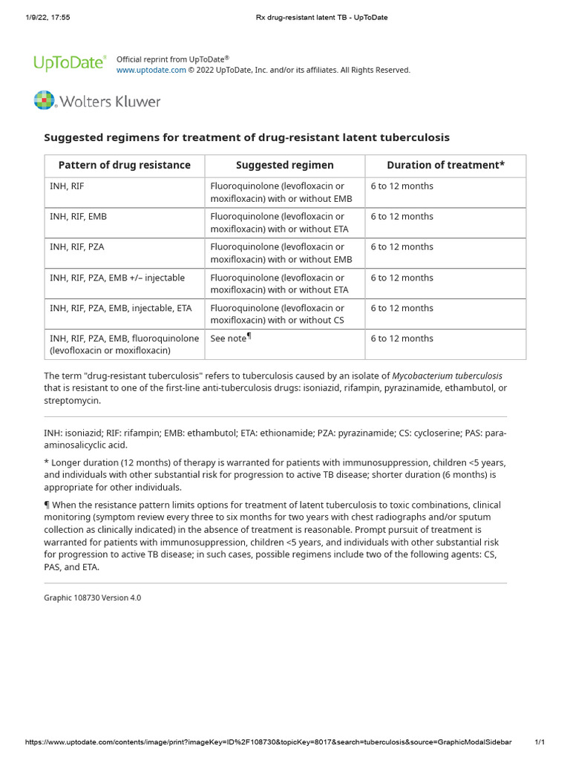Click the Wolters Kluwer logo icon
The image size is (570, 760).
pos(45,101)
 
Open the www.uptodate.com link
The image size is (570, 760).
pos(151,70)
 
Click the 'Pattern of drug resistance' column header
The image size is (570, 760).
pos(125,166)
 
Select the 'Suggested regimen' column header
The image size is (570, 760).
pos(284,166)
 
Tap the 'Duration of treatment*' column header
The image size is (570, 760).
pos(445,166)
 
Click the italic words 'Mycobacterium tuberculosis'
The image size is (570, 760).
pos(447,376)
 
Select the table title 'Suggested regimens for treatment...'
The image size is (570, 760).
pos(246,137)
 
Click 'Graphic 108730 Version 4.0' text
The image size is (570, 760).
pos(93,597)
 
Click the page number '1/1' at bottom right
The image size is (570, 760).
pos(540,742)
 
